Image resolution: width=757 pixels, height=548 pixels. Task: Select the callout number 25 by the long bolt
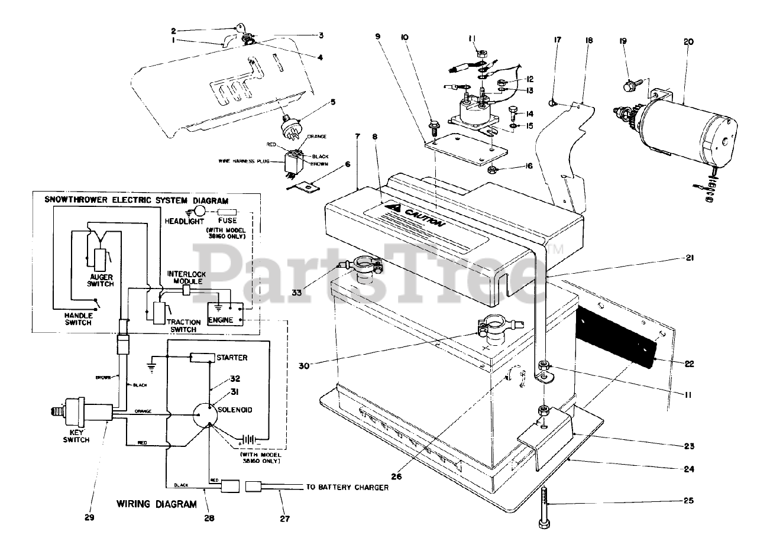(690, 501)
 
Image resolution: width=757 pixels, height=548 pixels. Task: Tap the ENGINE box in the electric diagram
(221, 320)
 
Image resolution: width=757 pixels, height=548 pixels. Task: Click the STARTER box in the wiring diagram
(202, 358)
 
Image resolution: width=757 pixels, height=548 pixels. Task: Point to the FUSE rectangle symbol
(228, 212)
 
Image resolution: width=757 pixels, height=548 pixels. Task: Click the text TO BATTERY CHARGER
(347, 488)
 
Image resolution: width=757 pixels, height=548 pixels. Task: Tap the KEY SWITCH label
(76, 436)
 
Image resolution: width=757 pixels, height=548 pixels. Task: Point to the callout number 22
(690, 365)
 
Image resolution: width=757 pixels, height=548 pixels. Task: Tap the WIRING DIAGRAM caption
(157, 505)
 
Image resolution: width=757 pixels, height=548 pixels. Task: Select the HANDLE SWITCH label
(78, 319)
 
